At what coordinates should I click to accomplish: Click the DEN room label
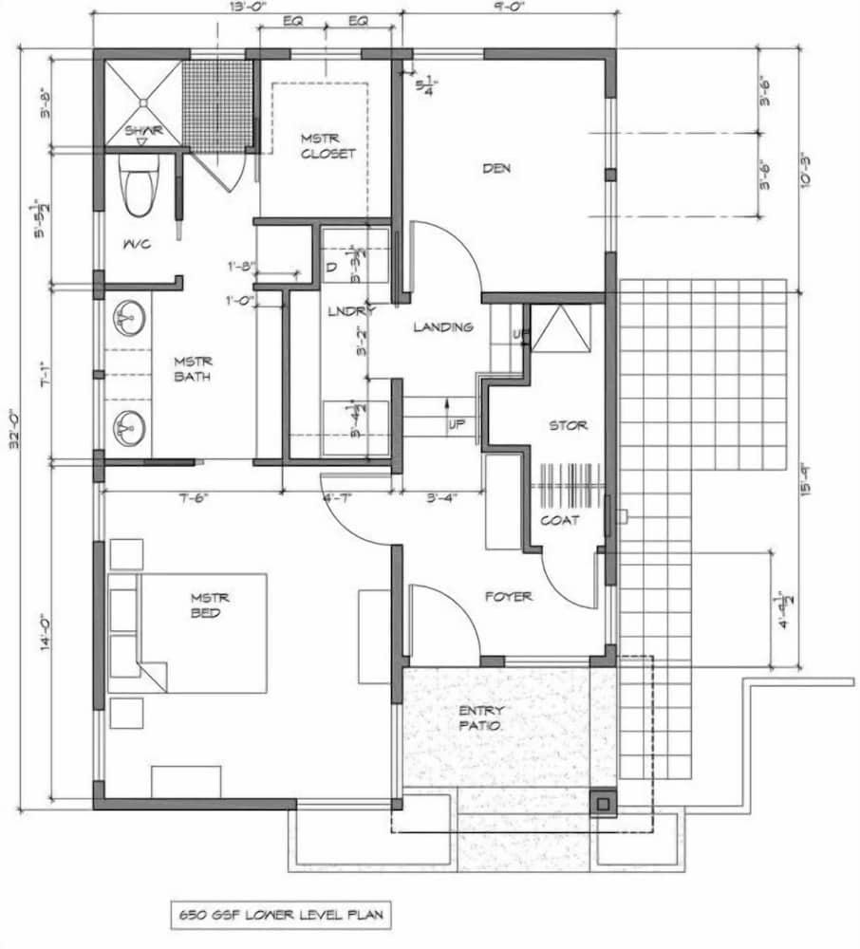coord(496,169)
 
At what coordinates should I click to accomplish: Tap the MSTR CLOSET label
coord(327,146)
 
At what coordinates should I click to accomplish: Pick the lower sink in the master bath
coord(129,428)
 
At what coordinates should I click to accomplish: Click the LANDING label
coord(442,327)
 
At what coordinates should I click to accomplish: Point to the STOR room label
coord(568,425)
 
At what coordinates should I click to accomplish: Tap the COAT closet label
coord(559,520)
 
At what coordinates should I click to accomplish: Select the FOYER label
coord(509,597)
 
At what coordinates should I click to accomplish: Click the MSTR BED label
coord(208,606)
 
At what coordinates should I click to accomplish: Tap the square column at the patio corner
coord(602,804)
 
